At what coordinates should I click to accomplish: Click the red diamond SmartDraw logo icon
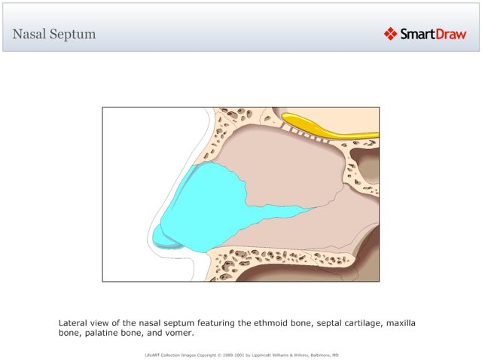[390, 34]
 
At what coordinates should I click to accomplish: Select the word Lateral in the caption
[74, 323]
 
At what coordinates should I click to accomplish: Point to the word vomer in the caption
[179, 333]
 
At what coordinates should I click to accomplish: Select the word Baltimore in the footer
[314, 354]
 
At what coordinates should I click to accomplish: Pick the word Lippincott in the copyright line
[252, 354]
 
